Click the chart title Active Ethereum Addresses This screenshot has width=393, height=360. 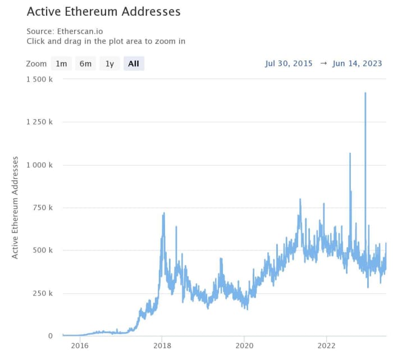pyautogui.click(x=104, y=11)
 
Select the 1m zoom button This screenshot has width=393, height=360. pyautogui.click(x=61, y=63)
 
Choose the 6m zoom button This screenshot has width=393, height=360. pyautogui.click(x=85, y=63)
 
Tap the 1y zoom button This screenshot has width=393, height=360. pyautogui.click(x=109, y=63)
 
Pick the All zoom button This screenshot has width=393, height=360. pyautogui.click(x=134, y=63)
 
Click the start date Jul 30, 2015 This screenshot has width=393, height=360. pyautogui.click(x=289, y=63)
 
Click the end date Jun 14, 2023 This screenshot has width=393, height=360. pyautogui.click(x=357, y=63)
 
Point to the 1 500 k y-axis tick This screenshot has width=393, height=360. pyautogui.click(x=39, y=79)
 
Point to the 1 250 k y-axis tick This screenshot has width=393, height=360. pyautogui.click(x=39, y=122)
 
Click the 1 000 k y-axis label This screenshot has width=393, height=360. pyautogui.click(x=39, y=165)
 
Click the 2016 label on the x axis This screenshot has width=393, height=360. pyautogui.click(x=80, y=346)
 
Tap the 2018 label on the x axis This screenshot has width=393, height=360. pyautogui.click(x=162, y=346)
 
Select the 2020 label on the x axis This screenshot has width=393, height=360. pyautogui.click(x=244, y=346)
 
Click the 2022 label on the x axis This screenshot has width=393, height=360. pyautogui.click(x=327, y=346)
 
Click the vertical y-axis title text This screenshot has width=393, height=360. pyautogui.click(x=15, y=207)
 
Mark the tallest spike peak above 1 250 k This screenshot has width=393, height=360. pyautogui.click(x=365, y=93)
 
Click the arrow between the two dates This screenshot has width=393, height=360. pyautogui.click(x=323, y=63)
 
